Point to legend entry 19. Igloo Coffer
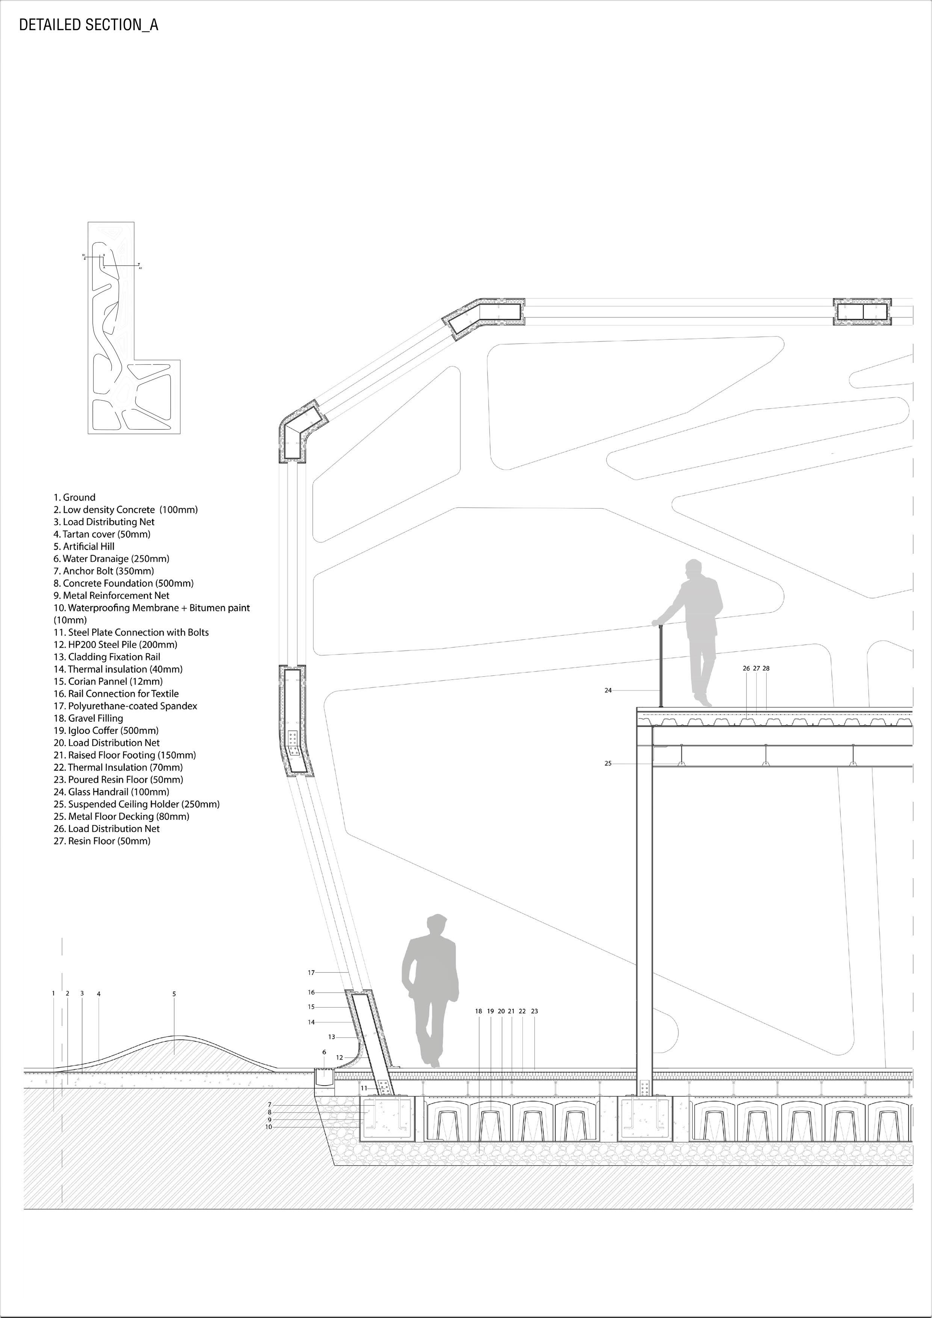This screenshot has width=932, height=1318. (x=106, y=730)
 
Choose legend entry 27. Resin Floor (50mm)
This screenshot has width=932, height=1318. (x=102, y=840)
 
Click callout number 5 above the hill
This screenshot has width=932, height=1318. (x=174, y=994)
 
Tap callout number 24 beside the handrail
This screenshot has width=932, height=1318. (x=608, y=691)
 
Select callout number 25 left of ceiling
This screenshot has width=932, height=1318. (x=608, y=763)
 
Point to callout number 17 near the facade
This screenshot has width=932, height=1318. (x=311, y=972)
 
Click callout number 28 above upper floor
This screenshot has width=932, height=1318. (x=766, y=668)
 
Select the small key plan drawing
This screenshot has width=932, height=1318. (x=134, y=328)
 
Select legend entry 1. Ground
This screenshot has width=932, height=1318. (x=75, y=497)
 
